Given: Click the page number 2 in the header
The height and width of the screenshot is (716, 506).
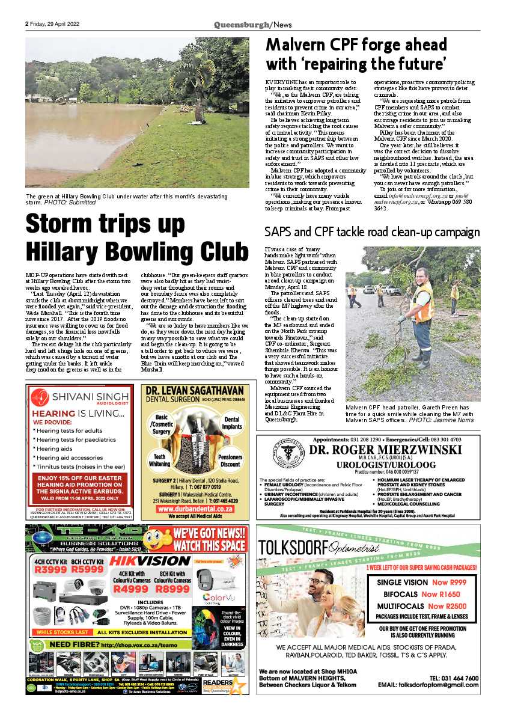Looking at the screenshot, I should pyautogui.click(x=27, y=25).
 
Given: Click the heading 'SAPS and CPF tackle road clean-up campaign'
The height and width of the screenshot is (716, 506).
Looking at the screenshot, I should pyautogui.click(x=372, y=232).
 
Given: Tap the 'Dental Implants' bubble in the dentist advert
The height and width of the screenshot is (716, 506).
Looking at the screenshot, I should pyautogui.click(x=231, y=423).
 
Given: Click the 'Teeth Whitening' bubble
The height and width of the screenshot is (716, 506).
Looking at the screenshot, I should pyautogui.click(x=160, y=459).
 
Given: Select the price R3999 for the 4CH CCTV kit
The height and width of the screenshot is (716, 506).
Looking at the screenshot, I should pyautogui.click(x=47, y=569).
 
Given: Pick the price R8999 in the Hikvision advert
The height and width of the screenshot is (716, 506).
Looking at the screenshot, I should pyautogui.click(x=172, y=589).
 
